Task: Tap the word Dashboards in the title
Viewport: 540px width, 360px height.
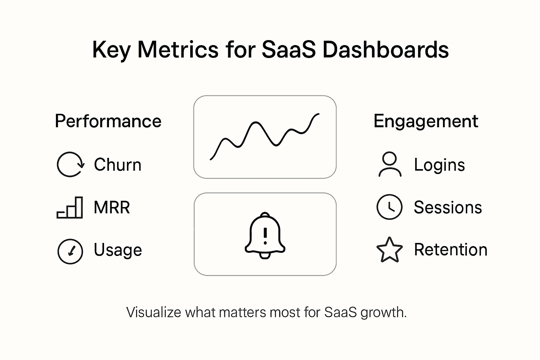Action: point(385,50)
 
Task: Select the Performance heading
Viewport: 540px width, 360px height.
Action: point(108,121)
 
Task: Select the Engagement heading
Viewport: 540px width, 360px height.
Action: point(425,121)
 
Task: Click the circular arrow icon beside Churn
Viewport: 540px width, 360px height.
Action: point(70,165)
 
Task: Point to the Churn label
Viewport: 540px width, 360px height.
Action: point(117,165)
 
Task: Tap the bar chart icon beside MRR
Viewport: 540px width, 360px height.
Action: point(70,208)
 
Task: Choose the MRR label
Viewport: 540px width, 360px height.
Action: point(112,207)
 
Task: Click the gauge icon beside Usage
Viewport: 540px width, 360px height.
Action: point(70,251)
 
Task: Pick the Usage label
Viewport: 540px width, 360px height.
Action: point(118,250)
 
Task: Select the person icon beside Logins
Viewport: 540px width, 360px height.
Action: point(390,164)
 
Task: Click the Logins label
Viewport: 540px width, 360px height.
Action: point(439,165)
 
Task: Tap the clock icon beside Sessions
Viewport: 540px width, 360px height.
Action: point(389,207)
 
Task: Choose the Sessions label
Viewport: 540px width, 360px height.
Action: point(448,207)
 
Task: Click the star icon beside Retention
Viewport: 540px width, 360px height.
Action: point(389,250)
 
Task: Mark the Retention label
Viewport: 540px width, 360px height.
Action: point(451,250)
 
